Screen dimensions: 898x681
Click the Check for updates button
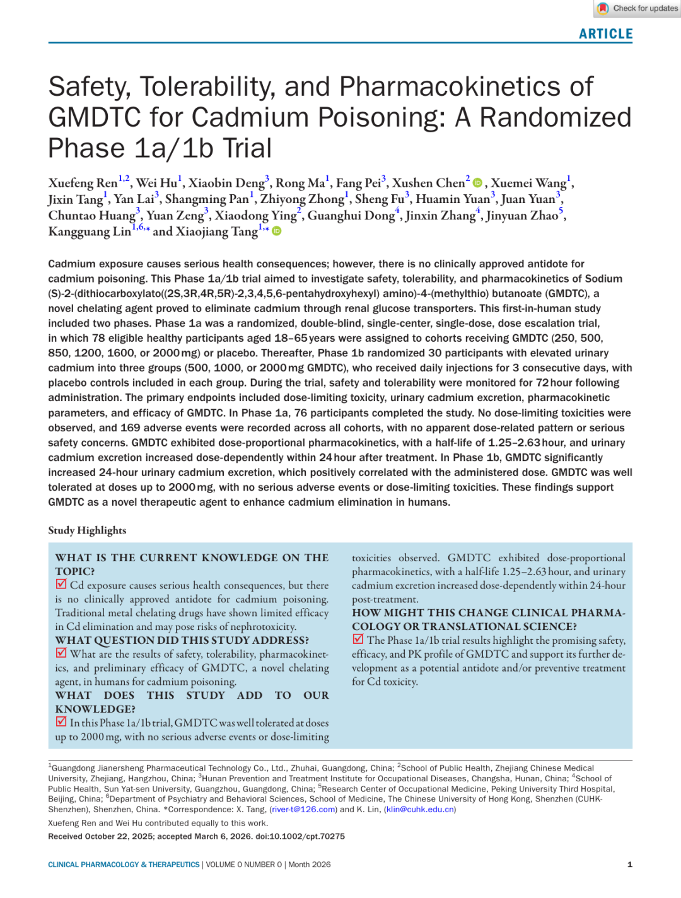[x=637, y=8]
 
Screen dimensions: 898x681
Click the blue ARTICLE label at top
[x=605, y=34]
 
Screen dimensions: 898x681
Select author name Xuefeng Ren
[x=83, y=184]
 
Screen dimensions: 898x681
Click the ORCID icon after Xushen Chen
[x=477, y=183]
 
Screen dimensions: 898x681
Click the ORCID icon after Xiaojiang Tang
[x=276, y=231]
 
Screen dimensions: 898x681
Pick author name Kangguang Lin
[x=90, y=232]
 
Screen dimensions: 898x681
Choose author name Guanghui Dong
[x=351, y=216]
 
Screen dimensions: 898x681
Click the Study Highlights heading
[x=87, y=530]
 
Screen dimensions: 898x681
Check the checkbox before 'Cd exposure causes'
[x=61, y=585]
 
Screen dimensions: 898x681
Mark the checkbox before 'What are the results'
[x=61, y=653]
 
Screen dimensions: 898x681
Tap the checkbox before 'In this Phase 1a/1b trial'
[x=61, y=722]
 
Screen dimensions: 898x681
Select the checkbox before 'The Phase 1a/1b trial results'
[x=358, y=639]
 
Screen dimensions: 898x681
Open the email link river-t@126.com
[x=303, y=810]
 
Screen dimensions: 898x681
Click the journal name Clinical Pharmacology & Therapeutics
[x=124, y=865]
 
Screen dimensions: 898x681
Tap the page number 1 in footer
[x=629, y=865]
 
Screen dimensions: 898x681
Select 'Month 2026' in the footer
[x=310, y=865]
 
